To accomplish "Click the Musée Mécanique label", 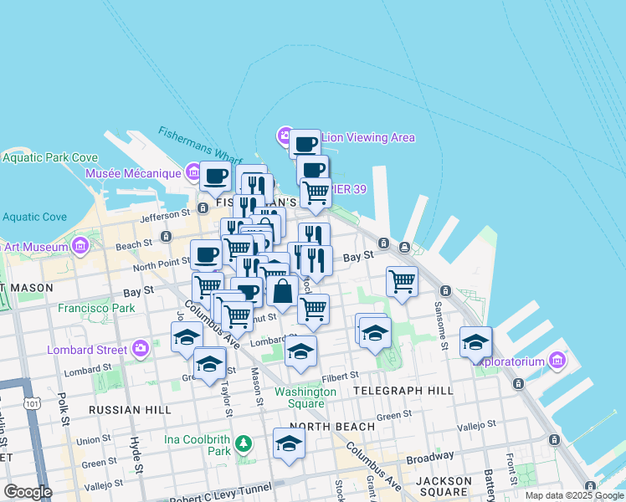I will coord(133,173).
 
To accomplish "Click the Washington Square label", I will coord(305,397).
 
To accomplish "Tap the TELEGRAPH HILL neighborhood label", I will coord(403,391).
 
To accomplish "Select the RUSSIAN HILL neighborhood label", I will coord(130,410).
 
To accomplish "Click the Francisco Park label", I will coord(96,308).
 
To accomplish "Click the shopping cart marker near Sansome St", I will coord(403,281).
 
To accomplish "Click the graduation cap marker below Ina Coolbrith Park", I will coord(289,443).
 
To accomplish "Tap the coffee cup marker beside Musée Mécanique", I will coord(215,177).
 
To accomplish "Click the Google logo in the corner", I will coord(28,492).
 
